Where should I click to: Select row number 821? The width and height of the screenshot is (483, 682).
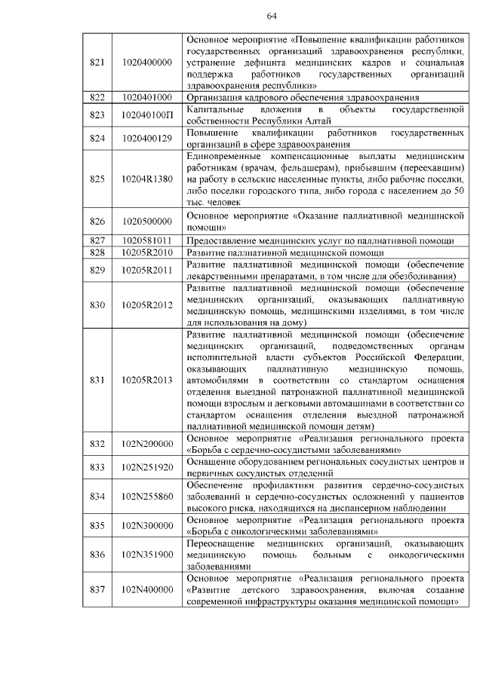(x=97, y=61)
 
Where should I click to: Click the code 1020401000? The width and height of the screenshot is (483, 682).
(x=146, y=97)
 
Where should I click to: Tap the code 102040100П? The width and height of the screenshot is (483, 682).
(x=146, y=115)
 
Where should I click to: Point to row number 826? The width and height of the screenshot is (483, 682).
(x=97, y=221)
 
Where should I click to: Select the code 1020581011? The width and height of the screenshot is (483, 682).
(x=146, y=240)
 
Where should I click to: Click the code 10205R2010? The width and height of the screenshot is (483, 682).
(x=146, y=252)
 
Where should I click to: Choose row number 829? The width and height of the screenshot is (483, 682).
(x=97, y=270)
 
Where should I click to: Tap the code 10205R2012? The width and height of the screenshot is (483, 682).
(x=146, y=304)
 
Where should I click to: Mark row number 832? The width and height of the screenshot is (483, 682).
(x=97, y=443)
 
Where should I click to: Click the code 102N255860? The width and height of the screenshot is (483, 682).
(x=146, y=496)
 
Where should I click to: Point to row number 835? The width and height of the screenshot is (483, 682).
(x=97, y=524)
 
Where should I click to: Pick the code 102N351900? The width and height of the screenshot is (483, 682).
(x=146, y=554)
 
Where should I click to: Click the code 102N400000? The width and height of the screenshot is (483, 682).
(x=146, y=589)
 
